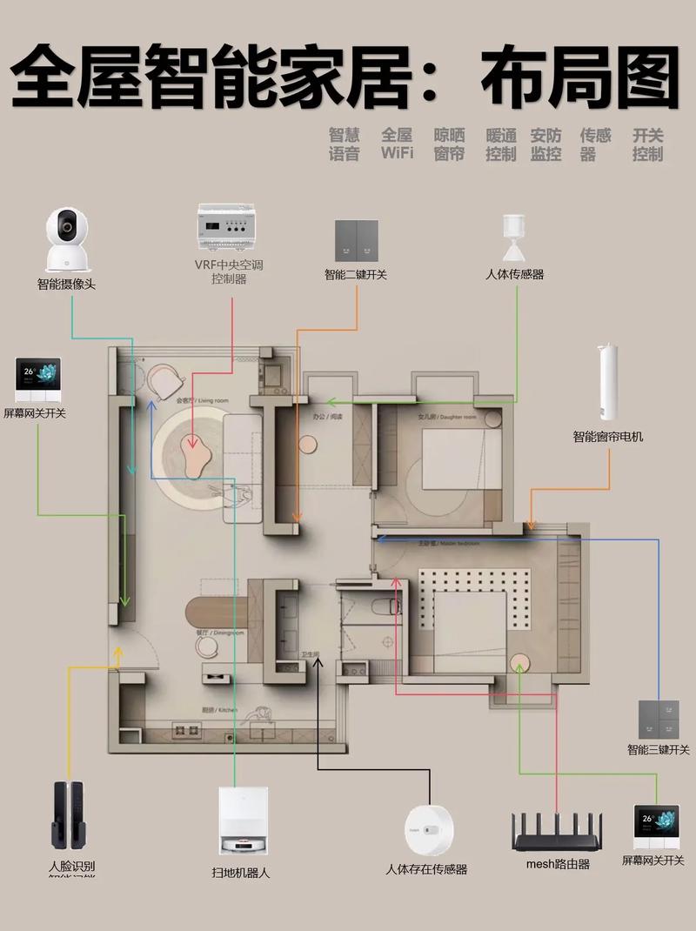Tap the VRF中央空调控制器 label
(229, 271)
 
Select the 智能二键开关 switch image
(357, 241)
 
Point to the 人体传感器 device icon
(514, 238)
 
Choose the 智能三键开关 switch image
(659, 720)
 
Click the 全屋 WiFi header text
(397, 144)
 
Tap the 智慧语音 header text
(344, 144)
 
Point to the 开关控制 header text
(648, 144)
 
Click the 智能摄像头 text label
(66, 284)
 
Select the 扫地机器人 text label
(240, 872)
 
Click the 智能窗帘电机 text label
(607, 437)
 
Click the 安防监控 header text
(545, 144)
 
